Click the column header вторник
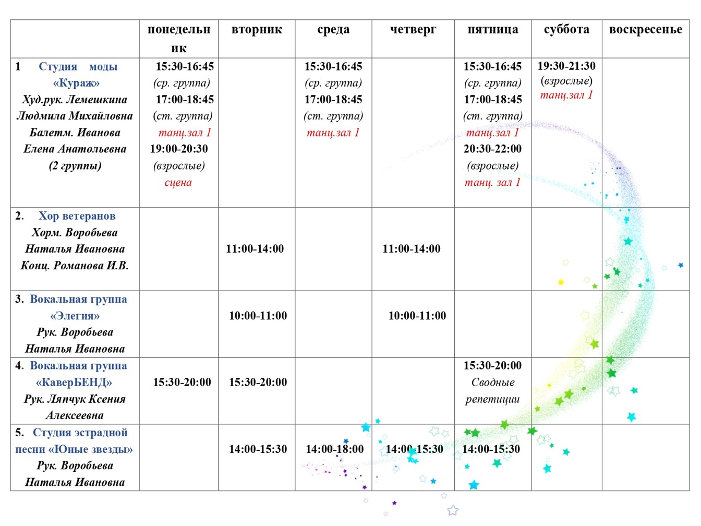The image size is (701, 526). [257, 30]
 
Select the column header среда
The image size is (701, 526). [333, 30]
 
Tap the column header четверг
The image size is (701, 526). [413, 30]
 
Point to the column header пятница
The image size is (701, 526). [493, 30]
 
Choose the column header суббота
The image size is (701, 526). [566, 30]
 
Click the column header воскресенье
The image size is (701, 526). [646, 30]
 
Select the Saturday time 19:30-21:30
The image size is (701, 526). [566, 66]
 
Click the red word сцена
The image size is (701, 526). [178, 183]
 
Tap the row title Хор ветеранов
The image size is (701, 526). [77, 216]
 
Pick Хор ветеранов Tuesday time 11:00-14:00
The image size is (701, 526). [255, 249]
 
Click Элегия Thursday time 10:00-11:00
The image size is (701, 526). [417, 316]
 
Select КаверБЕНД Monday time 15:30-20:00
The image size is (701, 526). [182, 382]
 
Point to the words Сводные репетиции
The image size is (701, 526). [493, 391]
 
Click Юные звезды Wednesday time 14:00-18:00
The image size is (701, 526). [334, 449]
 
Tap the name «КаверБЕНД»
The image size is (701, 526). [74, 382]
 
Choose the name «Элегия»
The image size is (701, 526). [75, 316]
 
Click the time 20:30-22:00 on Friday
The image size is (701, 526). [493, 149]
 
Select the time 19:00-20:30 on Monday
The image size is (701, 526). [179, 149]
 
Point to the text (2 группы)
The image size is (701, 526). [75, 166]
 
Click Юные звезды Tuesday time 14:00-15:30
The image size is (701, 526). [258, 449]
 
